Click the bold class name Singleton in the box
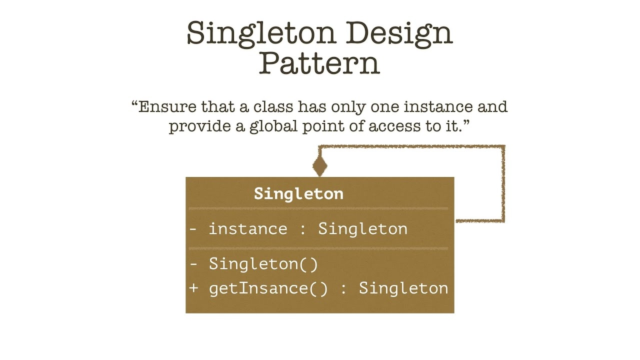pyautogui.click(x=298, y=193)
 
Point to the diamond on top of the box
pyautogui.click(x=319, y=165)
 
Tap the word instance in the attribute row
pyautogui.click(x=247, y=229)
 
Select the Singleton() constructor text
pyautogui.click(x=263, y=263)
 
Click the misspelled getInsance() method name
pyautogui.click(x=268, y=288)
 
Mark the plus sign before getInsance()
pyautogui.click(x=194, y=288)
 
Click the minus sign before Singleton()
pyautogui.click(x=194, y=263)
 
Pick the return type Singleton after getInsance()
pyautogui.click(x=403, y=288)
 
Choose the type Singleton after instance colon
pyautogui.click(x=362, y=229)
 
